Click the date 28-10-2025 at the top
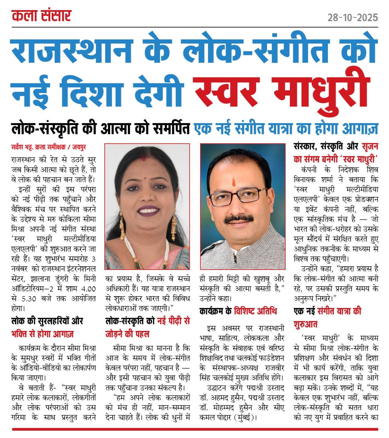353,18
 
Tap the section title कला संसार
42,16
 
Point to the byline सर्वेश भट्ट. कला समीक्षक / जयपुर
49,147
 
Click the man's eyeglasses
238,197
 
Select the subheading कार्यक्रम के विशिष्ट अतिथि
238,311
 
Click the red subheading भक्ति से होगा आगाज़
42,334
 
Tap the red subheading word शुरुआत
305,325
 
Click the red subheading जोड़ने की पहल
127,334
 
